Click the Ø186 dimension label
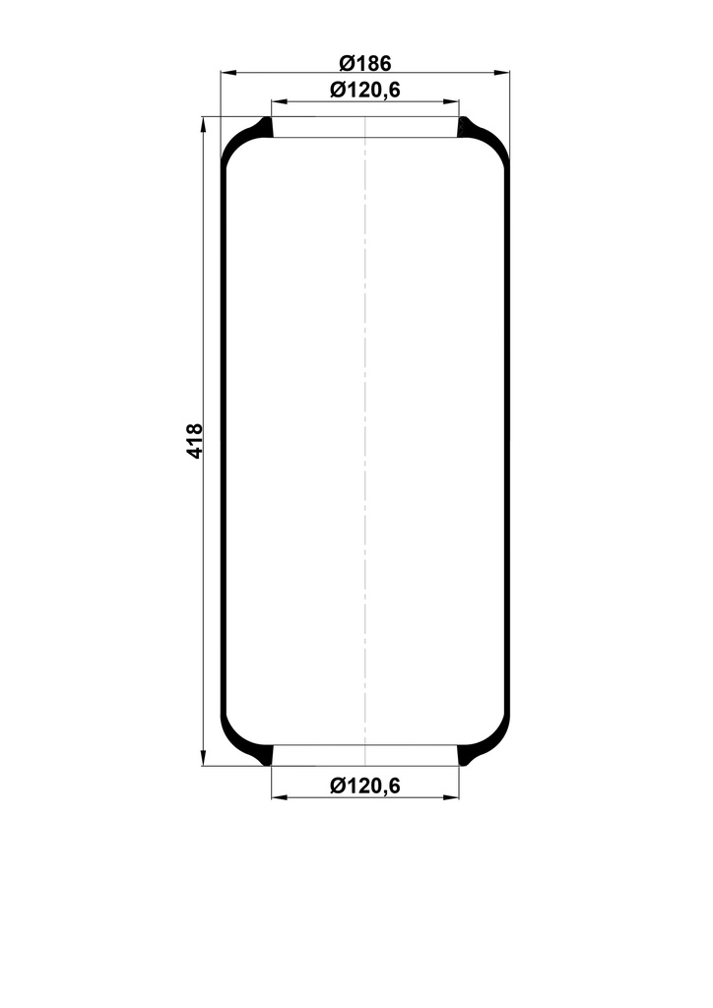(365, 63)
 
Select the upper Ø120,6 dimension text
(365, 91)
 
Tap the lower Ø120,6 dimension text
(365, 785)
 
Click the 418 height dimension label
(194, 440)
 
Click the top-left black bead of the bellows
(263, 128)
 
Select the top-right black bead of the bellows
(467, 128)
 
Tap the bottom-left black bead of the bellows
(263, 755)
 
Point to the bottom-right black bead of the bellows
(467, 755)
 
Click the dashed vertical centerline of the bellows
(365, 443)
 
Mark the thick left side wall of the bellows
(224, 443)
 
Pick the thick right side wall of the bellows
(507, 443)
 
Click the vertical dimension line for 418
(204, 295)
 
